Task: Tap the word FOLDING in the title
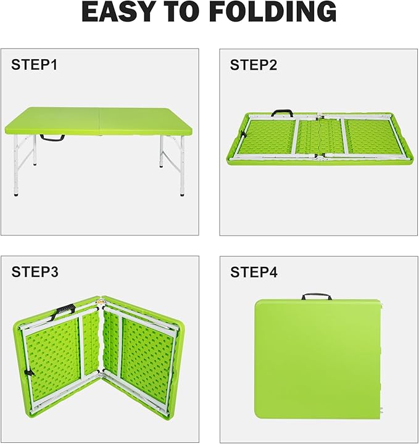pyautogui.click(x=273, y=11)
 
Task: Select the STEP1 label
pyautogui.click(x=35, y=65)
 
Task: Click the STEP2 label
pyautogui.click(x=253, y=65)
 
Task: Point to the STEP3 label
pyautogui.click(x=35, y=272)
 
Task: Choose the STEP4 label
pyautogui.click(x=254, y=272)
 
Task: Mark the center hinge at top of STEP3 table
pyautogui.click(x=99, y=302)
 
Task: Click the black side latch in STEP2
pyautogui.click(x=243, y=135)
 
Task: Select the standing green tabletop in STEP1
pyautogui.click(x=98, y=121)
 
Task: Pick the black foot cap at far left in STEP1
pyautogui.click(x=16, y=194)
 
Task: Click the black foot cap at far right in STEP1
pyautogui.click(x=182, y=194)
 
